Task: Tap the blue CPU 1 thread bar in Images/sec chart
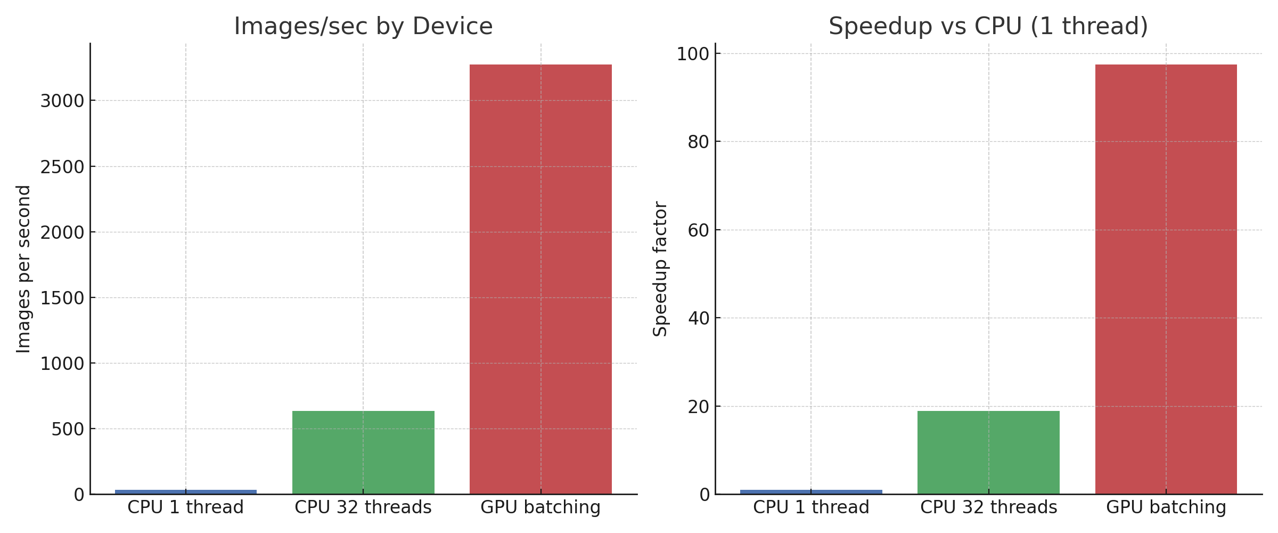185,491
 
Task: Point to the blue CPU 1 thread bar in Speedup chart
811,491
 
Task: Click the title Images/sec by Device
363,27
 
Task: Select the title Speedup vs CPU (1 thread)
988,27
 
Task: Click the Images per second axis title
23,269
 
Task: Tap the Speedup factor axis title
660,269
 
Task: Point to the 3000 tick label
62,101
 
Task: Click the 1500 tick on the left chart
62,298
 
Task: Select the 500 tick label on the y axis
68,429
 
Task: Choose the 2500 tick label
62,167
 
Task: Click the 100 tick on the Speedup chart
693,54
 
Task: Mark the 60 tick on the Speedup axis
699,230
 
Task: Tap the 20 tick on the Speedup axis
699,407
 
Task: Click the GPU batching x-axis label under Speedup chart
1166,507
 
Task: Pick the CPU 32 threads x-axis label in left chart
363,507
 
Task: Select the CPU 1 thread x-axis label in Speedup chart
811,507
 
